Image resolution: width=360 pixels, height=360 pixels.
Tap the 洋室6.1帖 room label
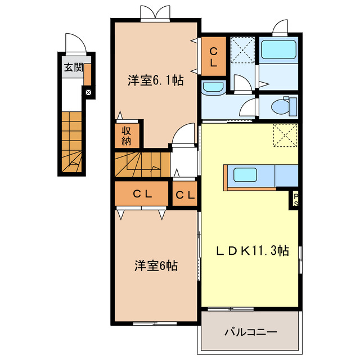155,81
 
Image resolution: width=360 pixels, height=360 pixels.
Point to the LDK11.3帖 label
253,251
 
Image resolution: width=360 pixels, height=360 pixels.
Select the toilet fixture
281,106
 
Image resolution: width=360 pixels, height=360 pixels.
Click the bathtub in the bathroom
278,49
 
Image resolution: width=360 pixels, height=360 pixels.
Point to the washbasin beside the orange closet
212,87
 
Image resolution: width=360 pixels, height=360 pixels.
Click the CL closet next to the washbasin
214,56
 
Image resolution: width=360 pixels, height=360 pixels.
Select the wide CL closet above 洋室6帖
142,194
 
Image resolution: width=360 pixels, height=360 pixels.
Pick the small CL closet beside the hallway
185,195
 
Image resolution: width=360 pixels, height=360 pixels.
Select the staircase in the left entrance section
73,141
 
